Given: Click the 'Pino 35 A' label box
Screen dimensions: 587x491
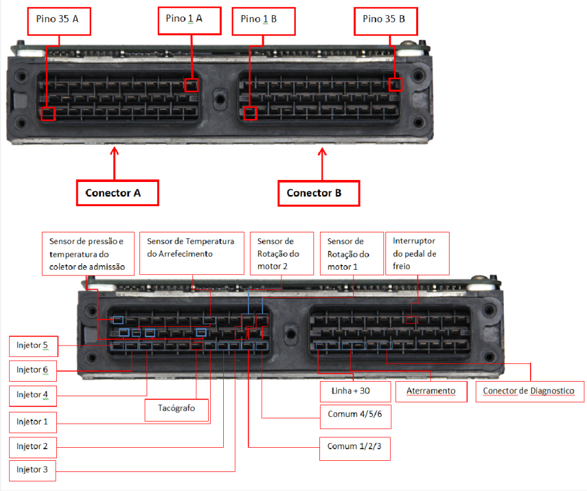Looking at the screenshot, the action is (59, 22).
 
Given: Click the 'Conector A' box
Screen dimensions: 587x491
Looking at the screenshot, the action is (118, 193).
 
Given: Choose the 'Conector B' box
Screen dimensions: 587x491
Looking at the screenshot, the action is (319, 193).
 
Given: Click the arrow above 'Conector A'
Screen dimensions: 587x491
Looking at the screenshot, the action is (115, 163).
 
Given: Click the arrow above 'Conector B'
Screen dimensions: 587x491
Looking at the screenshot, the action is (323, 164).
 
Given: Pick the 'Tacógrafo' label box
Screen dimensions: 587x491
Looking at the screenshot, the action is (176, 410).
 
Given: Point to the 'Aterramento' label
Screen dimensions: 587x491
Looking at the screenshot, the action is (431, 391).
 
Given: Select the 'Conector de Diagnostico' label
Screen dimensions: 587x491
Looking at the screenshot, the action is (529, 391).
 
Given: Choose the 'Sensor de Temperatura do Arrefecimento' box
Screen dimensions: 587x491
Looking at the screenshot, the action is (192, 253).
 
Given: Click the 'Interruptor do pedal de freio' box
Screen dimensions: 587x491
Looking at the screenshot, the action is (418, 253).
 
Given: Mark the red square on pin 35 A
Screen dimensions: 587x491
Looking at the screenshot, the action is (48, 114).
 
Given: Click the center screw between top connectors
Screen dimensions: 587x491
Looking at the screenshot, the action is (219, 99).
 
